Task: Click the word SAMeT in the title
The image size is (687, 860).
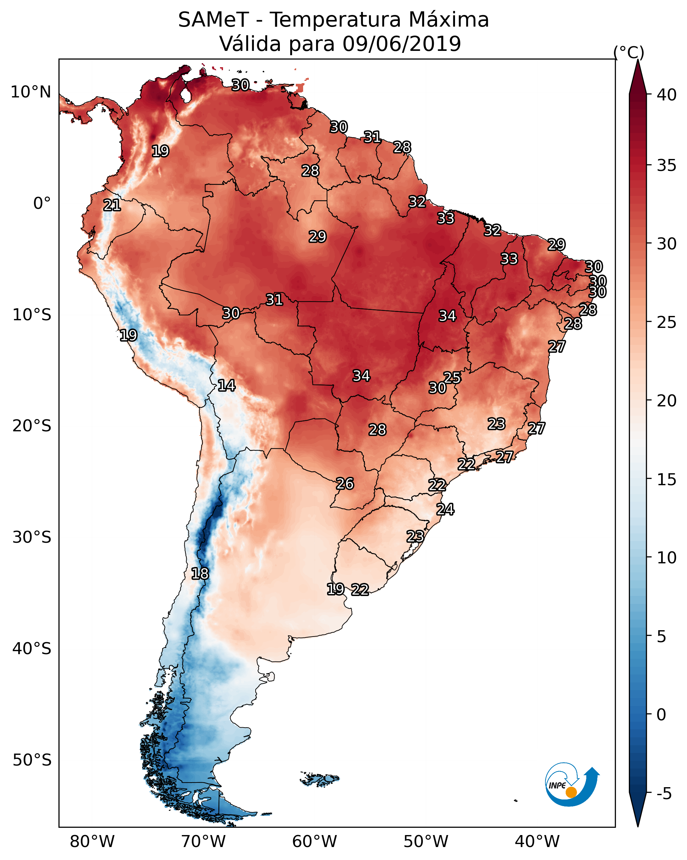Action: (x=213, y=20)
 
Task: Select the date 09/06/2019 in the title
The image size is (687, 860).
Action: (x=401, y=44)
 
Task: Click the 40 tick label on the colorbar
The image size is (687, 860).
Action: (x=666, y=95)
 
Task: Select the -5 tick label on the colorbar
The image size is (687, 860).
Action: (x=664, y=794)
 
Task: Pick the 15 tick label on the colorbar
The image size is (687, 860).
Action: (x=666, y=480)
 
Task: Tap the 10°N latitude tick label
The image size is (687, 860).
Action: (x=31, y=92)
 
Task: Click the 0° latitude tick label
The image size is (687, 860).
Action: (x=42, y=204)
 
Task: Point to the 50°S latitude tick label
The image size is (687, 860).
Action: (x=32, y=760)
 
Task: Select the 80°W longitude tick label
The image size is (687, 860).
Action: (x=92, y=842)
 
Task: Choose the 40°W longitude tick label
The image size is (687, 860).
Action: (x=537, y=842)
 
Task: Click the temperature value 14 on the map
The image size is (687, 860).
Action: (x=226, y=385)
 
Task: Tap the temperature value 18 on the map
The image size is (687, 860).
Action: (x=200, y=574)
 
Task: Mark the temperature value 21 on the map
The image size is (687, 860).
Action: (x=112, y=206)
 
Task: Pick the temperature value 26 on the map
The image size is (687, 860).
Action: (x=345, y=484)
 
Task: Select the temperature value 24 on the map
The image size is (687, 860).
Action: (x=445, y=509)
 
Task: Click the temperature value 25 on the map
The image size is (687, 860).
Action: (x=452, y=377)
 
